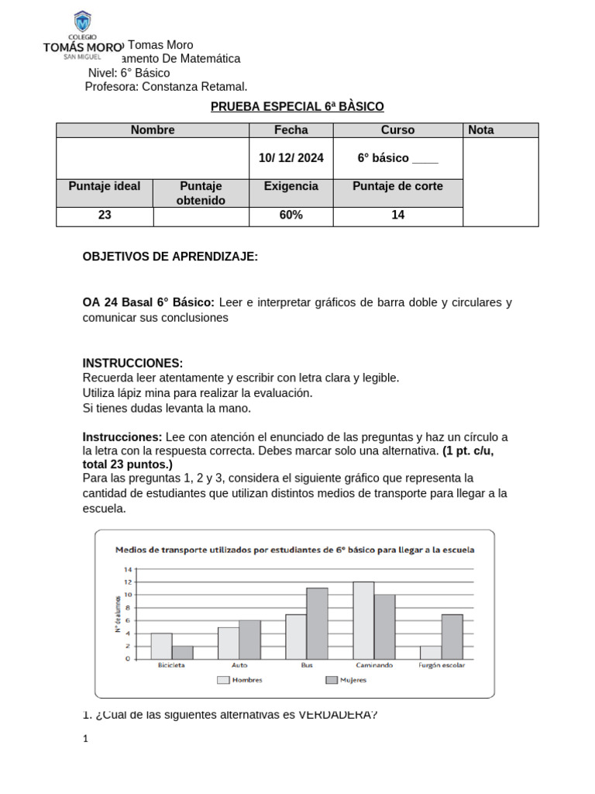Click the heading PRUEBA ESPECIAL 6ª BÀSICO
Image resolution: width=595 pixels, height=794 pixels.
(x=297, y=106)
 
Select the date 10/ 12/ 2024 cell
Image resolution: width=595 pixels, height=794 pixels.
(x=291, y=158)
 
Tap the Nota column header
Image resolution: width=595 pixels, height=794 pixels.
(x=480, y=130)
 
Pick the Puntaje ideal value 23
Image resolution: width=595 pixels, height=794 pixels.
(x=105, y=216)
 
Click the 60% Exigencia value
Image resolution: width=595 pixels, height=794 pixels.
(x=291, y=216)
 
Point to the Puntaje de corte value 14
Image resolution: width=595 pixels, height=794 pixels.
(x=397, y=216)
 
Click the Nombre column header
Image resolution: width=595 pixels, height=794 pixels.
(x=153, y=130)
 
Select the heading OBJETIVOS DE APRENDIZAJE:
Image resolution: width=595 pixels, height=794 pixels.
(x=170, y=256)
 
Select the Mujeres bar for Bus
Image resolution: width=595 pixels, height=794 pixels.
(x=317, y=623)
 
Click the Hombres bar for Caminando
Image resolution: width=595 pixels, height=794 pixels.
(x=363, y=620)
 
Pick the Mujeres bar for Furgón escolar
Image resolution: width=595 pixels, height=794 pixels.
(x=452, y=636)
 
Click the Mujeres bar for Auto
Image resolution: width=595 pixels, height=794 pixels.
(x=249, y=639)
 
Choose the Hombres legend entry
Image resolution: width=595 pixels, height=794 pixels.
(x=240, y=680)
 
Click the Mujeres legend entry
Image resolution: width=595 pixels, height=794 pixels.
(x=345, y=680)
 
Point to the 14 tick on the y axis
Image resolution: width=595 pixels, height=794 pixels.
(x=126, y=569)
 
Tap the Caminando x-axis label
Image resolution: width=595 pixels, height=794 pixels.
(x=373, y=665)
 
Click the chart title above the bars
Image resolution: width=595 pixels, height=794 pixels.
(x=294, y=550)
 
